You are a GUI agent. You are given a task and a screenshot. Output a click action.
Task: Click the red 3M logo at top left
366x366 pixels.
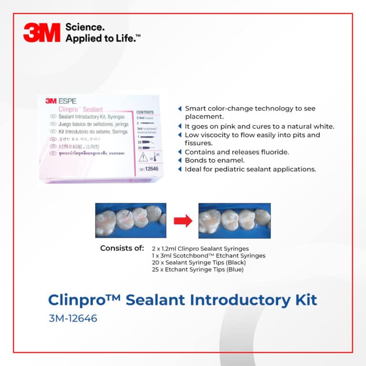click(41, 33)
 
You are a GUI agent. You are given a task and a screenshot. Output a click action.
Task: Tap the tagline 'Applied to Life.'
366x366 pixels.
click(102, 39)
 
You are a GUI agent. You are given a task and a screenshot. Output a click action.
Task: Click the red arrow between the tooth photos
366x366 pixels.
click(183, 221)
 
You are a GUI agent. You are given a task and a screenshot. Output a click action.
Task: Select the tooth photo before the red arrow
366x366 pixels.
click(131, 220)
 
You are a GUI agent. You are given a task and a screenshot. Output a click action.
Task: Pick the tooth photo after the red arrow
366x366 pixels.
click(234, 220)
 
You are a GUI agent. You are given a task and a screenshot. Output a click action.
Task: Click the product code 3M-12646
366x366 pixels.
click(72, 318)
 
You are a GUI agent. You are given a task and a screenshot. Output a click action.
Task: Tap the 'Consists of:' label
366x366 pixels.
click(122, 248)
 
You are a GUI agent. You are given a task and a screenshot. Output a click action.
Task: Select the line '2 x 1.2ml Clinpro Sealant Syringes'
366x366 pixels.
click(200, 249)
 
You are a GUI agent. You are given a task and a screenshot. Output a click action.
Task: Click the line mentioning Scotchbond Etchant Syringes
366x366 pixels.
click(208, 256)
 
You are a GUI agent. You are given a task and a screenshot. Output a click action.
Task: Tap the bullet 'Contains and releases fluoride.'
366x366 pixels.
click(237, 152)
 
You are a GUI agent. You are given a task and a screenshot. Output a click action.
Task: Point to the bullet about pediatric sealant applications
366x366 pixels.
click(250, 169)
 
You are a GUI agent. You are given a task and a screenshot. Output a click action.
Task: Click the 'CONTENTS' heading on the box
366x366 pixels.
click(145, 112)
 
